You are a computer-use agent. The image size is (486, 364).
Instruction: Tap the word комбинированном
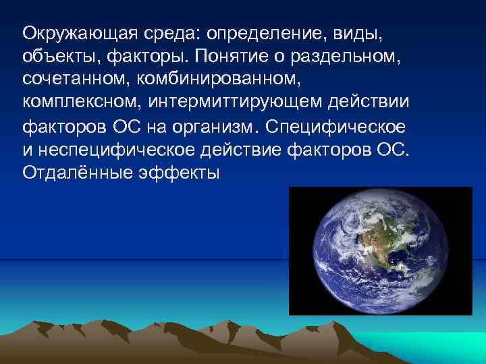point(203,80)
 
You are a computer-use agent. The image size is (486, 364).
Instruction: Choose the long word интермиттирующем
point(237,104)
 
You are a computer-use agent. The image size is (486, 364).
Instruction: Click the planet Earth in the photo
point(379,251)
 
